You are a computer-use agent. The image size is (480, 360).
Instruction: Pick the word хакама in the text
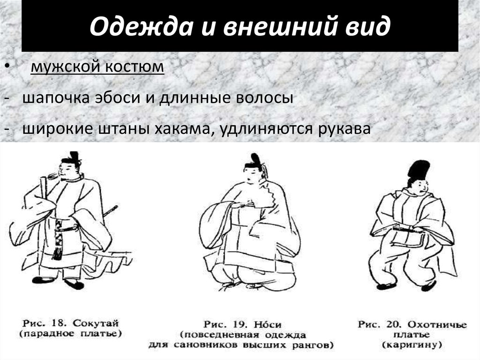(x=180, y=129)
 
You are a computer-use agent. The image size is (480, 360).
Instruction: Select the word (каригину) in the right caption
(x=412, y=345)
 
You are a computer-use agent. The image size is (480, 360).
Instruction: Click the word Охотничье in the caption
(x=438, y=324)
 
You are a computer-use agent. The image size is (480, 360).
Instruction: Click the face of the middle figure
(x=253, y=175)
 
